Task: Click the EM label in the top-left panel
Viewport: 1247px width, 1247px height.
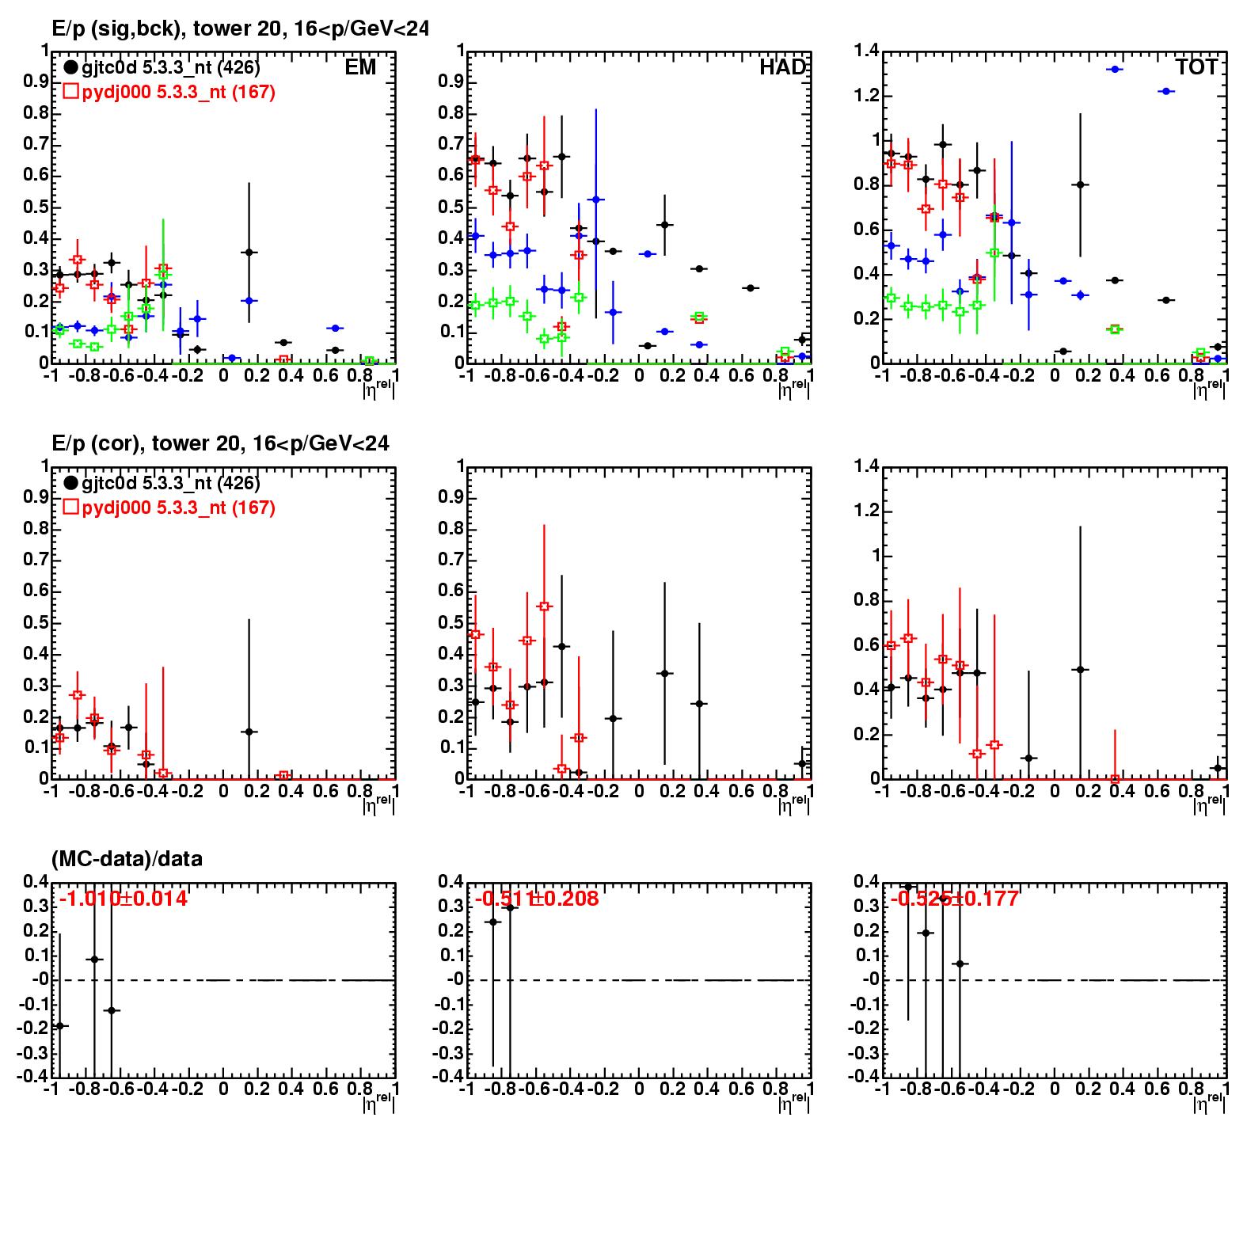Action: tap(360, 67)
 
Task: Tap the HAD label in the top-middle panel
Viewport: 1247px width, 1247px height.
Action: tap(781, 67)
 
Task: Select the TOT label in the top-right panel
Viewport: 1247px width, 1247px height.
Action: tap(1196, 67)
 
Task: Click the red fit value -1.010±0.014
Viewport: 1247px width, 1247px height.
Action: tap(123, 899)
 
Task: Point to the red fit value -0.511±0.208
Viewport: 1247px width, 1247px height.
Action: tap(537, 899)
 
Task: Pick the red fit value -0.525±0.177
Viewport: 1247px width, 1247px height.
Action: tap(954, 899)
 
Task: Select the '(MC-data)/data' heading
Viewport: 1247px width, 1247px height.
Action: tap(127, 858)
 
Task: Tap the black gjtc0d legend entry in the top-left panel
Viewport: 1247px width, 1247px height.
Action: tap(162, 68)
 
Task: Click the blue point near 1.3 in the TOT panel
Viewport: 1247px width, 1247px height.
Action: tap(1115, 70)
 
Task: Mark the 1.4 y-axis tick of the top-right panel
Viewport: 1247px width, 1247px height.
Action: tap(866, 51)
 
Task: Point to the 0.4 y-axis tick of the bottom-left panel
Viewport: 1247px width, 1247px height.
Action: tap(36, 882)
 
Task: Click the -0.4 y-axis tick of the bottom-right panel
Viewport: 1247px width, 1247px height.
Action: tap(866, 1077)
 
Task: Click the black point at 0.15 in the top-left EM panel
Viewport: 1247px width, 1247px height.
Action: tap(249, 253)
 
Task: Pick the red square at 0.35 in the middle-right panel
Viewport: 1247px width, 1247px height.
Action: tap(1115, 779)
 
